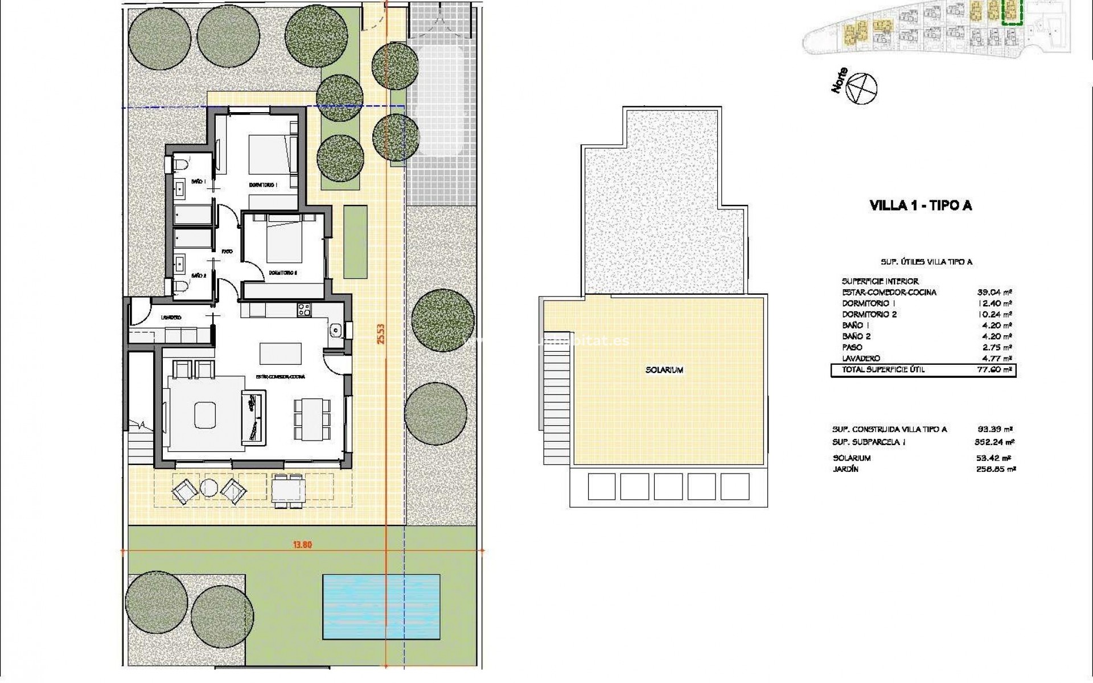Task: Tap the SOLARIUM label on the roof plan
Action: click(664, 370)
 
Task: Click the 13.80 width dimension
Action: click(302, 545)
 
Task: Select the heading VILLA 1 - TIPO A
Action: click(921, 205)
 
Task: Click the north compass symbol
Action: click(861, 89)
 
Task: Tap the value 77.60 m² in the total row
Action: click(995, 370)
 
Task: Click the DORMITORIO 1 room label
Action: click(263, 186)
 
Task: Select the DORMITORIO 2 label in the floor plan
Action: click(283, 273)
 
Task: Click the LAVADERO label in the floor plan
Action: click(171, 318)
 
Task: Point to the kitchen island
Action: click(281, 353)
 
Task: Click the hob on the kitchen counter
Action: click(304, 310)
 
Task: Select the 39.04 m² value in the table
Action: click(995, 293)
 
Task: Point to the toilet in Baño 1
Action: click(180, 165)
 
